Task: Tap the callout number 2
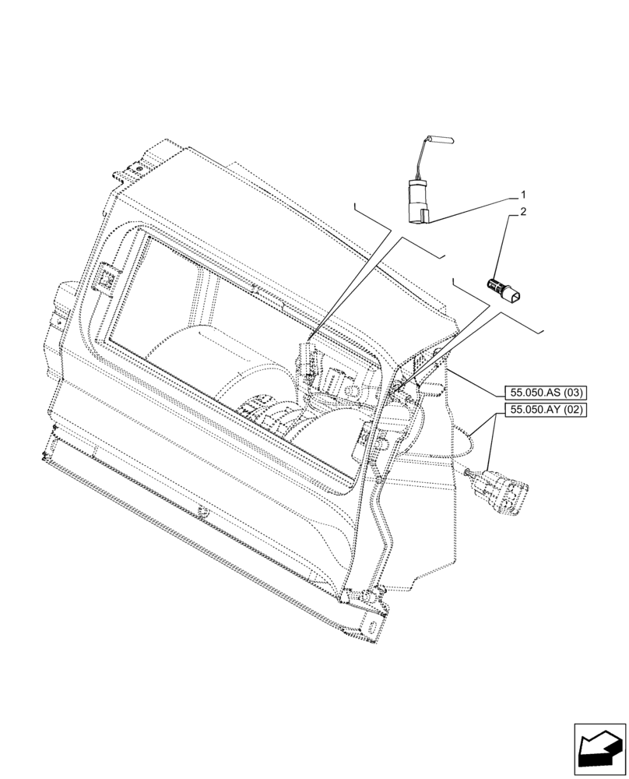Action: (523, 212)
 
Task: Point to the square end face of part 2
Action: (515, 295)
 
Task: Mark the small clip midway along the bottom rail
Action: (204, 513)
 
